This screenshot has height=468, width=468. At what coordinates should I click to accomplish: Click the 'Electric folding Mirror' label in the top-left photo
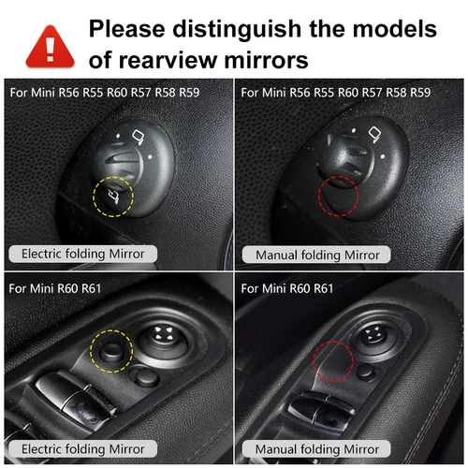tap(82, 253)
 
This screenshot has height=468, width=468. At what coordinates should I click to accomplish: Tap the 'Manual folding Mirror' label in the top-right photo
tap(311, 255)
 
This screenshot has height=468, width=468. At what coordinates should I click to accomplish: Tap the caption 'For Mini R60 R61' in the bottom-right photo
tap(287, 288)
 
